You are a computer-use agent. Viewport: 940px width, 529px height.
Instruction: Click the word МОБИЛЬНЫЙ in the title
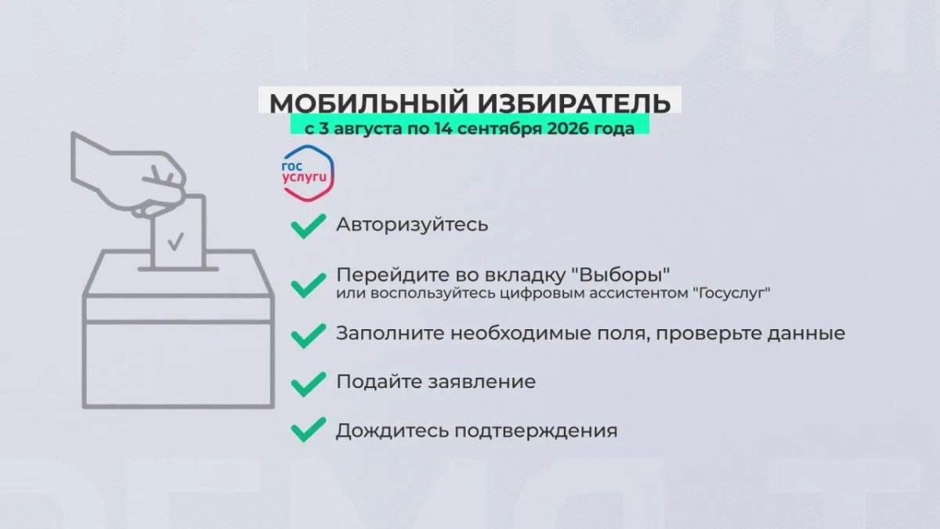pyautogui.click(x=368, y=103)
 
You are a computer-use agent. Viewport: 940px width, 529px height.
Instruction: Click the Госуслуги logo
pyautogui.click(x=309, y=173)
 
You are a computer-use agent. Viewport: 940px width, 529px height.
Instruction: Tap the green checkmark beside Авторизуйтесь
pyautogui.click(x=308, y=226)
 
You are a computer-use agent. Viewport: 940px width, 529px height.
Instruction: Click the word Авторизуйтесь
pyautogui.click(x=412, y=225)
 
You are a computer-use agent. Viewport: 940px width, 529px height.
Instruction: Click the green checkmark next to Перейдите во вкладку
pyautogui.click(x=308, y=285)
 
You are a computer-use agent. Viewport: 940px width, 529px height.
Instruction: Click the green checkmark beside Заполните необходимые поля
pyautogui.click(x=308, y=335)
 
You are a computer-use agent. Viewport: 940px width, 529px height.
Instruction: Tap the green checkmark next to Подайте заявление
pyautogui.click(x=308, y=384)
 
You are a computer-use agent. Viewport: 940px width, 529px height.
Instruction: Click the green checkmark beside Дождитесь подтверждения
pyautogui.click(x=308, y=429)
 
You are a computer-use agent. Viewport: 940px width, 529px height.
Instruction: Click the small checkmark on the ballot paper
pyautogui.click(x=175, y=242)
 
